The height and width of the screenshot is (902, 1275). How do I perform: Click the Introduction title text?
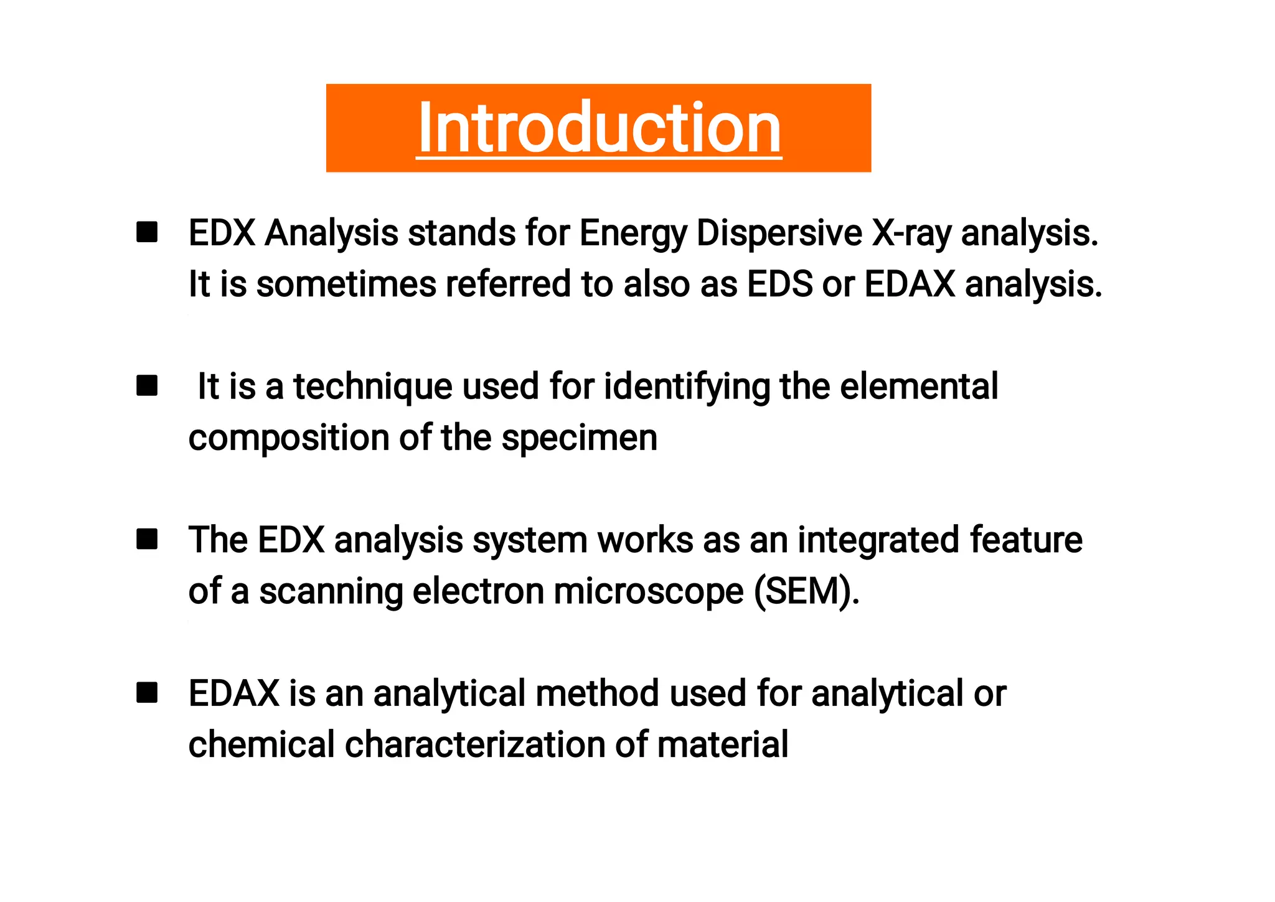tap(599, 128)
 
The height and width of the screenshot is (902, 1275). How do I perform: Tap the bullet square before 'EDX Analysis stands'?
tap(147, 232)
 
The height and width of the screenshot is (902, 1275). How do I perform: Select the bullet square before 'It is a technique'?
tap(147, 385)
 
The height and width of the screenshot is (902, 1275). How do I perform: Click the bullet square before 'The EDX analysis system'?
tap(147, 539)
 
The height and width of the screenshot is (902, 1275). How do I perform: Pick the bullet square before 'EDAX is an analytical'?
tap(147, 692)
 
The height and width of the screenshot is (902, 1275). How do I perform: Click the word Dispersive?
tap(779, 233)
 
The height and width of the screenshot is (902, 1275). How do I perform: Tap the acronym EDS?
tap(779, 284)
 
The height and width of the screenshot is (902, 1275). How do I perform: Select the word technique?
tap(372, 387)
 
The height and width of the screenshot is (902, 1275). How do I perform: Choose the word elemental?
tap(919, 387)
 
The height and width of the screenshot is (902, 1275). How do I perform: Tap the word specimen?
tap(579, 438)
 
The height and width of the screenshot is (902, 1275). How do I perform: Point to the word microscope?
tap(648, 591)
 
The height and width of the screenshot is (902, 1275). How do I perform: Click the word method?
tap(597, 693)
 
